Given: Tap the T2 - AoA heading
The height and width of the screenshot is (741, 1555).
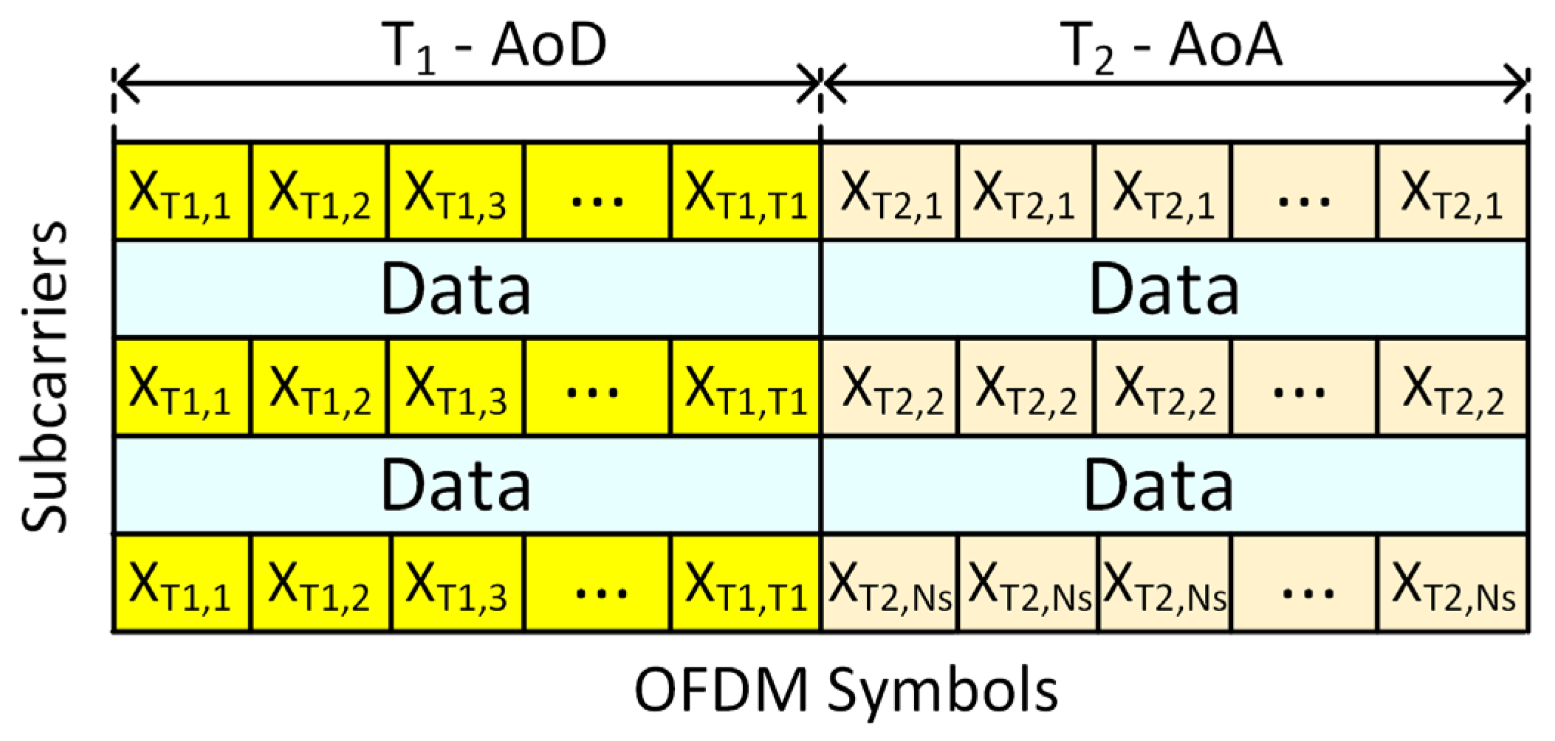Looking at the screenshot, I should click(x=1174, y=46).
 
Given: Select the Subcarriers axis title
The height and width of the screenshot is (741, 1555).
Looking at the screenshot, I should click(x=44, y=376).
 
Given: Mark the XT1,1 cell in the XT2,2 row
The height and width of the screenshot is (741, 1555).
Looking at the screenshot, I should click(x=182, y=388).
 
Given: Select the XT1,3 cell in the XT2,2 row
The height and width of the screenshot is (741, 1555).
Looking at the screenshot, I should click(x=456, y=388).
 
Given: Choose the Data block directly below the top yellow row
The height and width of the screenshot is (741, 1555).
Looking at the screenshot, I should click(x=467, y=289).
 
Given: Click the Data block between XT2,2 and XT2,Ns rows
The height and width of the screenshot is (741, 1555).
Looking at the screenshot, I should click(x=1174, y=486).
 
